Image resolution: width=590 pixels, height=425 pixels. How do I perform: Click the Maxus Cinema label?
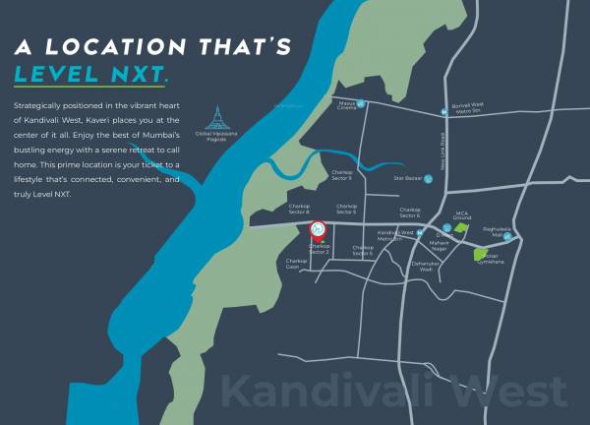tap(346, 105)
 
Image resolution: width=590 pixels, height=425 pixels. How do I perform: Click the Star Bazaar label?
tap(407, 178)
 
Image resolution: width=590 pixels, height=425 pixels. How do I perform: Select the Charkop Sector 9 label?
tap(341, 175)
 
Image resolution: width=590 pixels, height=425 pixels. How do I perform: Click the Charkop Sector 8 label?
tap(299, 210)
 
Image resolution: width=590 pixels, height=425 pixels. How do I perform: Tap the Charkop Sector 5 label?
tap(346, 210)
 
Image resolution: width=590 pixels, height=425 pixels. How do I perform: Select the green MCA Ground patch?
tap(460, 227)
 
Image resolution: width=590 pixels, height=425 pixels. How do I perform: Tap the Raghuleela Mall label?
tap(502, 231)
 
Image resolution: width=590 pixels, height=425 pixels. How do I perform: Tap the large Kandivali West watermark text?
tap(393, 391)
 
